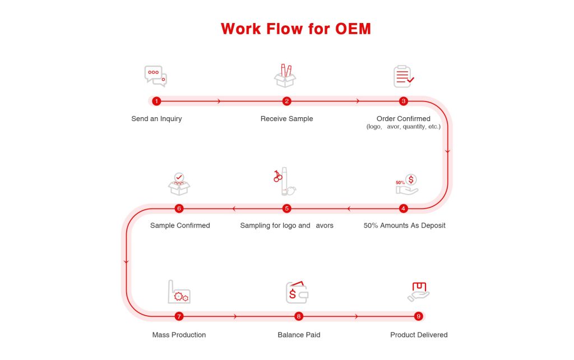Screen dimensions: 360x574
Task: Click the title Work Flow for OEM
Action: pyautogui.click(x=296, y=29)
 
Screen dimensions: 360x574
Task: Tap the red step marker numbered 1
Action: pyautogui.click(x=156, y=101)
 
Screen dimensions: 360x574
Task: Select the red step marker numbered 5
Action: pyautogui.click(x=287, y=209)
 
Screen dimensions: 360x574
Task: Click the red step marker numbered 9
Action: pyautogui.click(x=418, y=316)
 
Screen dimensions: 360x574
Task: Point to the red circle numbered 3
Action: pyautogui.click(x=403, y=101)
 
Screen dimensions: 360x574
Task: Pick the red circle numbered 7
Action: pyautogui.click(x=179, y=316)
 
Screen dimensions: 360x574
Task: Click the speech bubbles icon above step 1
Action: pyautogui.click(x=155, y=76)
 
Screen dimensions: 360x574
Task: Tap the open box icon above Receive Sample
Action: pyautogui.click(x=285, y=76)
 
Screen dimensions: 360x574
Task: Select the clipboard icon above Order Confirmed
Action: pyautogui.click(x=402, y=76)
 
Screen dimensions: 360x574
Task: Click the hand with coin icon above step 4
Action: pyautogui.click(x=407, y=184)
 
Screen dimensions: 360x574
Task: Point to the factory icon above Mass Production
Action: pyautogui.click(x=179, y=292)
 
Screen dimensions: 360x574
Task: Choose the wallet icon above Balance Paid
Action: pyautogui.click(x=297, y=292)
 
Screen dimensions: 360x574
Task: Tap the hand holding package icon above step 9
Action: pyautogui.click(x=418, y=292)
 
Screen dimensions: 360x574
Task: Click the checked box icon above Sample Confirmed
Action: pyautogui.click(x=179, y=184)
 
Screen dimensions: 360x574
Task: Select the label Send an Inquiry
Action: pyautogui.click(x=156, y=119)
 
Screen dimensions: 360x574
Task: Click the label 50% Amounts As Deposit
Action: pyautogui.click(x=405, y=225)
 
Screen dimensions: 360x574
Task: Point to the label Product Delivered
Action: pyautogui.click(x=419, y=335)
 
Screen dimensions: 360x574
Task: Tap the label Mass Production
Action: pyautogui.click(x=179, y=335)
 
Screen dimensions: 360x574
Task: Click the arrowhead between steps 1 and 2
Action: pyautogui.click(x=219, y=101)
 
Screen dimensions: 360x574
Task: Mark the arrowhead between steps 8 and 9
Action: pyautogui.click(x=357, y=316)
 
